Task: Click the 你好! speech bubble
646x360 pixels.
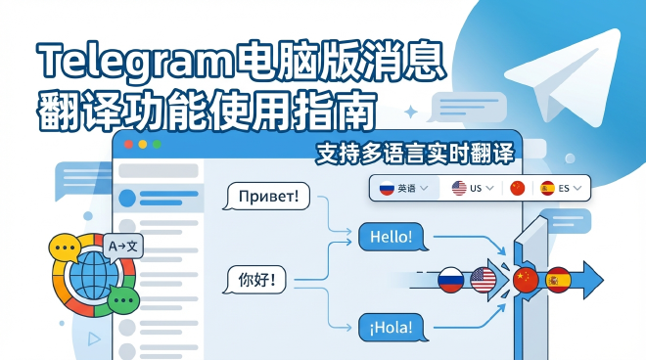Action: pos(263,282)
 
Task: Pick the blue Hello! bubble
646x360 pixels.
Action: pos(392,237)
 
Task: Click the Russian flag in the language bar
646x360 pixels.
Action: pos(386,187)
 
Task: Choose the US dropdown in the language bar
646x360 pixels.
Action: pos(472,187)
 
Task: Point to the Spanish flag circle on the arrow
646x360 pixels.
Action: pos(558,280)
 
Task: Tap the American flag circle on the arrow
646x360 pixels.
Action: pos(484,281)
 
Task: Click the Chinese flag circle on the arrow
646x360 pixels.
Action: pos(526,279)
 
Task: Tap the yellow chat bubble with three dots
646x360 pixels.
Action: pos(66,248)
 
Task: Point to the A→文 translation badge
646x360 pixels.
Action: pos(122,247)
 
